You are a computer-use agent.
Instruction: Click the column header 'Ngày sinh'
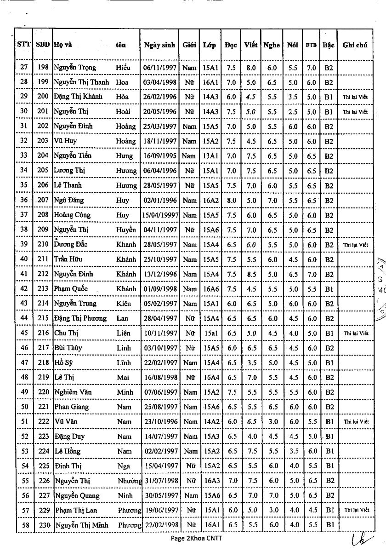point(159,45)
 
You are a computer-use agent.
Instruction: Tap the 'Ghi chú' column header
point(355,45)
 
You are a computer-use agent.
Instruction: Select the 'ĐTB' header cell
point(311,45)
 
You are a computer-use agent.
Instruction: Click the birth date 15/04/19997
point(159,215)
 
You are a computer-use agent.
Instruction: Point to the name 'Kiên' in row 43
point(123,304)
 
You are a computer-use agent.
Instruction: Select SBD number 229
point(43,510)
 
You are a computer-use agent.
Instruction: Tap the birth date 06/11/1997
point(159,68)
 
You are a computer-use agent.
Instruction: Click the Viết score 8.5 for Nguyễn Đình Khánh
point(251,274)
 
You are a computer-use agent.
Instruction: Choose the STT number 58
point(25,525)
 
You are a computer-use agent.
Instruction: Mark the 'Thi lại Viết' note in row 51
point(356,421)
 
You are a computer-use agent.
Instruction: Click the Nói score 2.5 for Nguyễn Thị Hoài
point(293,111)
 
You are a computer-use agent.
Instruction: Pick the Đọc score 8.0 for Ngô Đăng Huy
point(232,200)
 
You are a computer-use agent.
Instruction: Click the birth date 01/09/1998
point(159,289)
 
